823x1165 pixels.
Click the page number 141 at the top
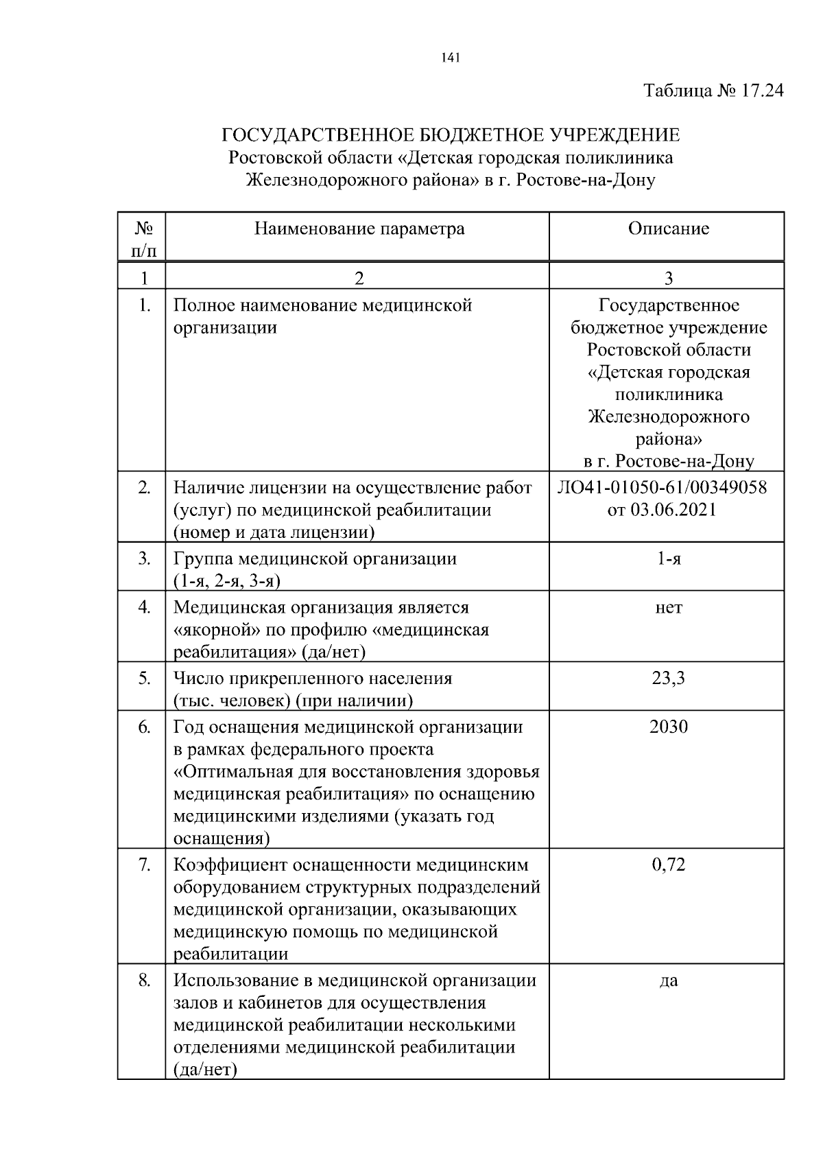(x=449, y=58)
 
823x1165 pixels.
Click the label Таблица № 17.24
(x=713, y=91)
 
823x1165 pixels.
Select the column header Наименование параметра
(x=359, y=228)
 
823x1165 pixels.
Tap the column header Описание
(x=668, y=228)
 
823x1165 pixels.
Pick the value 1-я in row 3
(x=668, y=558)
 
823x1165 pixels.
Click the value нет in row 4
(x=668, y=607)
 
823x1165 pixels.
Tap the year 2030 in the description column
(x=668, y=727)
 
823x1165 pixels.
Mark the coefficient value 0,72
(x=668, y=864)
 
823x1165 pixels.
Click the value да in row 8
(x=668, y=980)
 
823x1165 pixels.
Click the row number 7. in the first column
(x=144, y=864)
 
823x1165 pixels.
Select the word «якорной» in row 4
(x=213, y=630)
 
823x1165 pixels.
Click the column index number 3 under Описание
(x=668, y=278)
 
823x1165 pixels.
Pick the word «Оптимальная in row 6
(x=233, y=772)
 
